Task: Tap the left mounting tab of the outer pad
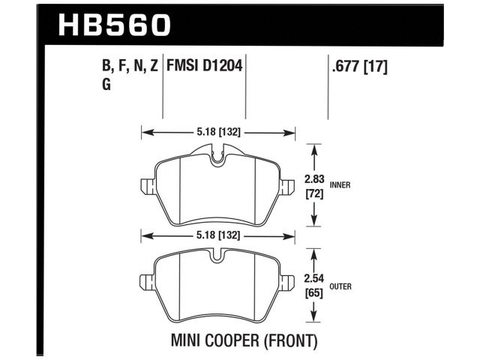click(145, 283)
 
